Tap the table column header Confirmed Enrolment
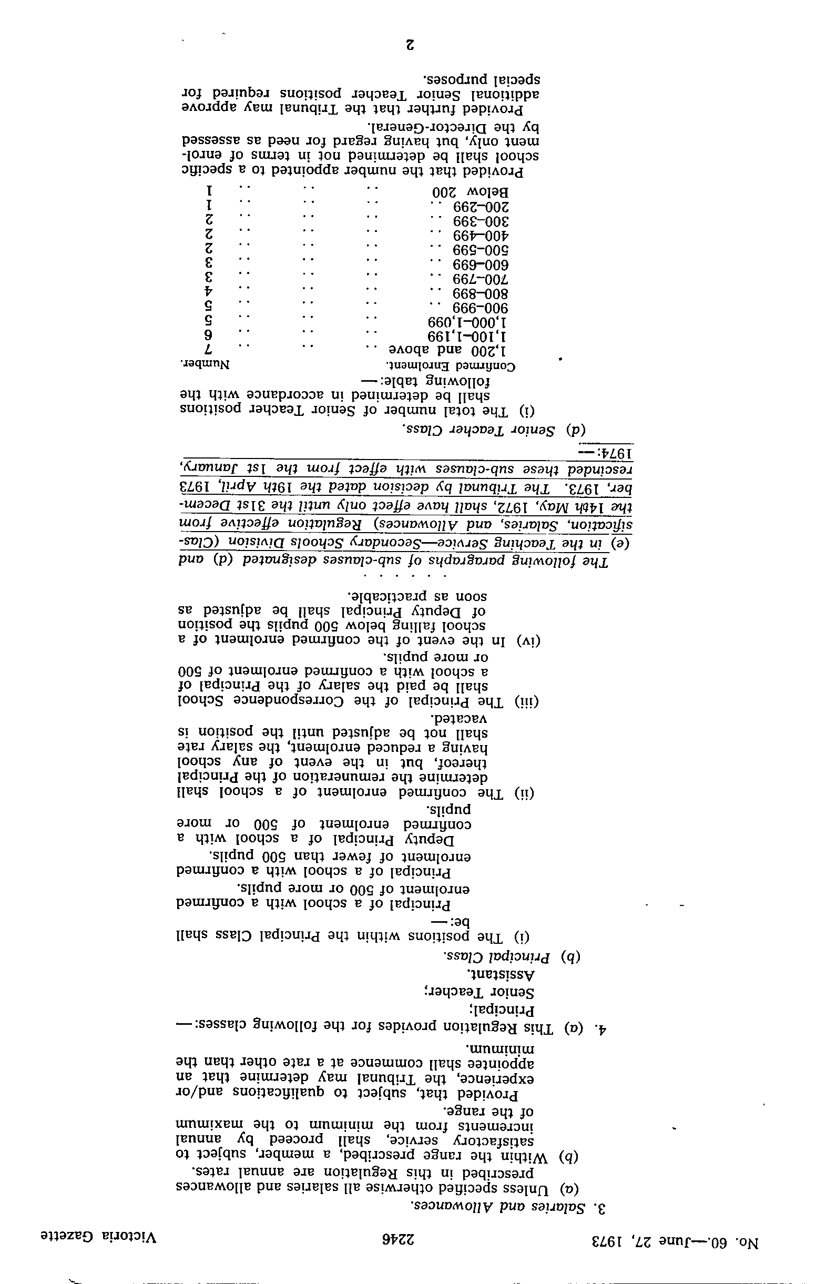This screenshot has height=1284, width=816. pyautogui.click(x=451, y=366)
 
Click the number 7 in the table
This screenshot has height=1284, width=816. pyautogui.click(x=210, y=350)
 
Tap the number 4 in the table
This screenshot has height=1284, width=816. pyautogui.click(x=210, y=292)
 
